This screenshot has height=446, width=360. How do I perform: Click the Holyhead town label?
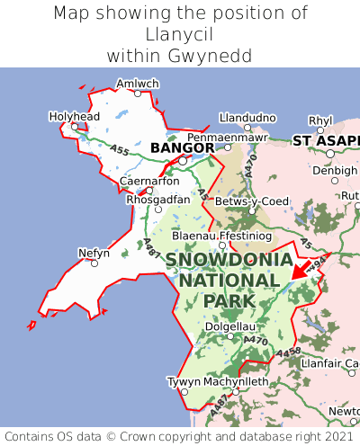[75, 117]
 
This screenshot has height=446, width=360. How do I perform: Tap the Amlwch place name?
[137, 83]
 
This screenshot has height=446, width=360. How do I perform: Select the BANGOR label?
[182, 147]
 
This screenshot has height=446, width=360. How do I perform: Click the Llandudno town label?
[247, 118]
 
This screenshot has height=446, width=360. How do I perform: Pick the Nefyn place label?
[94, 253]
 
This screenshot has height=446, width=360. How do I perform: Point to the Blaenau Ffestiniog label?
[220, 235]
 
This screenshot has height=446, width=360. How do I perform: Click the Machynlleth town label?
[236, 381]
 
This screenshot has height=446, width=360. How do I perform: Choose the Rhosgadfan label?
[158, 199]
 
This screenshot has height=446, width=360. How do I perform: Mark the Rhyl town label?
[320, 120]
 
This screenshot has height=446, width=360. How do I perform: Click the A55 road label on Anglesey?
[117, 150]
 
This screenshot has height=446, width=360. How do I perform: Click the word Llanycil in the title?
[180, 34]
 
